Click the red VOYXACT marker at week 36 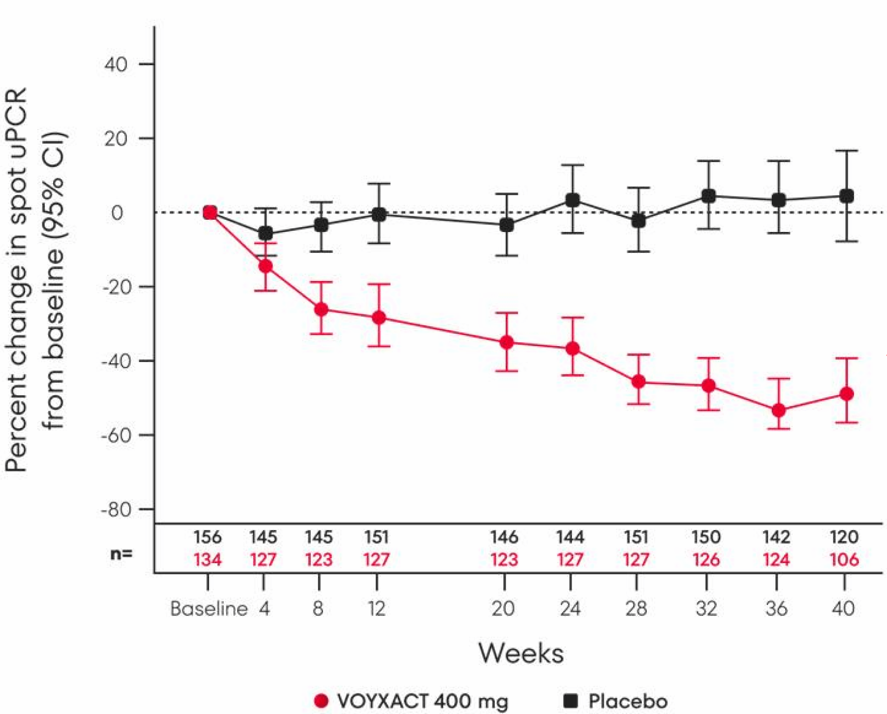[778, 410]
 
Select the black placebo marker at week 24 [572, 200]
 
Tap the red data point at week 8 [321, 309]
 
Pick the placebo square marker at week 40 [846, 196]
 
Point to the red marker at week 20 [506, 342]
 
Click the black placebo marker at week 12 [378, 214]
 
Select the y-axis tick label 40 [116, 65]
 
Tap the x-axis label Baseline [208, 608]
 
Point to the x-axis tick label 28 [636, 608]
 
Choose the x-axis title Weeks [521, 653]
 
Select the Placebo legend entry [627, 701]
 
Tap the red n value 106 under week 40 [844, 559]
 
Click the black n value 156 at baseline [207, 536]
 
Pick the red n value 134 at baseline [207, 559]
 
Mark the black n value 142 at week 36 [776, 536]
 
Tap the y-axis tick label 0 [117, 213]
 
